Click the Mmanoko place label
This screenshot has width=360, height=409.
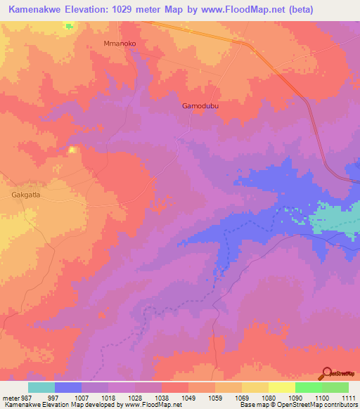(119, 44)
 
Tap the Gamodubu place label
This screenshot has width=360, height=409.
(198, 106)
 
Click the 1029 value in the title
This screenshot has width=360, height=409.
(131, 9)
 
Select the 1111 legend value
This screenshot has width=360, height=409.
(347, 397)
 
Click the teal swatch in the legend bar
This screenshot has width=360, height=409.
(41, 387)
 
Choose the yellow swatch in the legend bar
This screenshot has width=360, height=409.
(281, 387)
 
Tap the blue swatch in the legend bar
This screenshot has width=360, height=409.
(68, 387)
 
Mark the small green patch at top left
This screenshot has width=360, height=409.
(68, 25)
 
